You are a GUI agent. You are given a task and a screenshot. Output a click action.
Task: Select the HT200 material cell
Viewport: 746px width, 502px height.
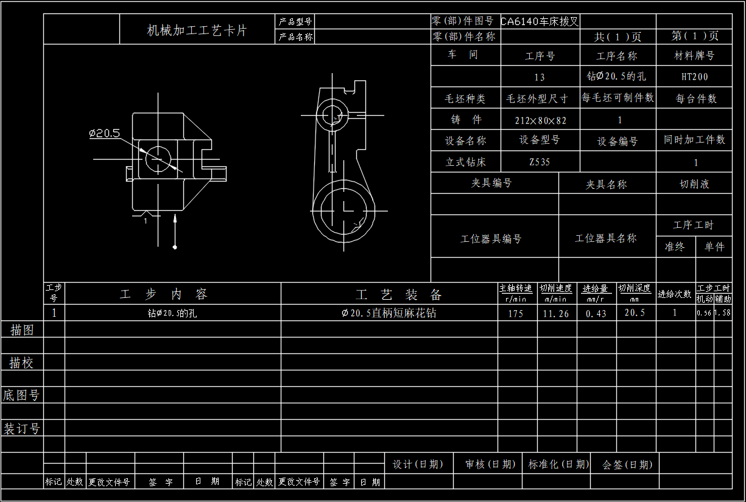(x=694, y=77)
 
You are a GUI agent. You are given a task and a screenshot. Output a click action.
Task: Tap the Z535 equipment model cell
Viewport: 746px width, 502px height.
(x=539, y=162)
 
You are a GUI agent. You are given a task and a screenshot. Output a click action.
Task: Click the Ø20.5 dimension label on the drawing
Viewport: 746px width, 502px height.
(x=105, y=133)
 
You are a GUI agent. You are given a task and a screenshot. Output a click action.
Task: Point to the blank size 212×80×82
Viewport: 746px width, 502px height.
(x=540, y=120)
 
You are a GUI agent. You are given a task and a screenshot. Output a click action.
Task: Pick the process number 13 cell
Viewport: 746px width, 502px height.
(x=540, y=77)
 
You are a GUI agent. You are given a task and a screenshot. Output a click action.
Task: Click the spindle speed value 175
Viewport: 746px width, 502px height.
(x=515, y=313)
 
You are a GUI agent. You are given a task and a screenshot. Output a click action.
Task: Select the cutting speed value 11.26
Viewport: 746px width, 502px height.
(x=555, y=313)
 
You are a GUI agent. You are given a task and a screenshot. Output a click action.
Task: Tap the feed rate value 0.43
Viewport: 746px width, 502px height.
(x=596, y=313)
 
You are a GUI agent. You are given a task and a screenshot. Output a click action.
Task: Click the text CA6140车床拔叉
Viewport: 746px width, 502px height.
(x=540, y=22)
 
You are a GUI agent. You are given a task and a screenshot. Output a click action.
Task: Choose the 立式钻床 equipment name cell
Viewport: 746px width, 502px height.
(x=466, y=162)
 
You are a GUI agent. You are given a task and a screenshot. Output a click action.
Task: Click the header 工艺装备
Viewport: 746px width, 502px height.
(x=398, y=295)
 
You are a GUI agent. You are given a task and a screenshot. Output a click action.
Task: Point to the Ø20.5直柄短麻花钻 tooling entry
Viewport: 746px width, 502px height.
(x=389, y=313)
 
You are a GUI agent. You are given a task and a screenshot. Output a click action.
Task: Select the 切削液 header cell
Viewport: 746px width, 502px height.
(x=694, y=184)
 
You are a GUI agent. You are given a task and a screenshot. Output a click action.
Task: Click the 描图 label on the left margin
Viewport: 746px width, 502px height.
(x=22, y=330)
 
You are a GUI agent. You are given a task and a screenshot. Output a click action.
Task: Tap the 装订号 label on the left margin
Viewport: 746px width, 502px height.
(x=22, y=428)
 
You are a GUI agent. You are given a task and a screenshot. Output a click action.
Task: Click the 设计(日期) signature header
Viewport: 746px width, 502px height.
(x=418, y=464)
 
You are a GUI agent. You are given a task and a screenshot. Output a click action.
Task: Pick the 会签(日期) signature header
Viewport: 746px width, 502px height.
(x=627, y=464)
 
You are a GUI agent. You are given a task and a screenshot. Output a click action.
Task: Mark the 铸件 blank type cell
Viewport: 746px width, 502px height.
(x=466, y=120)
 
